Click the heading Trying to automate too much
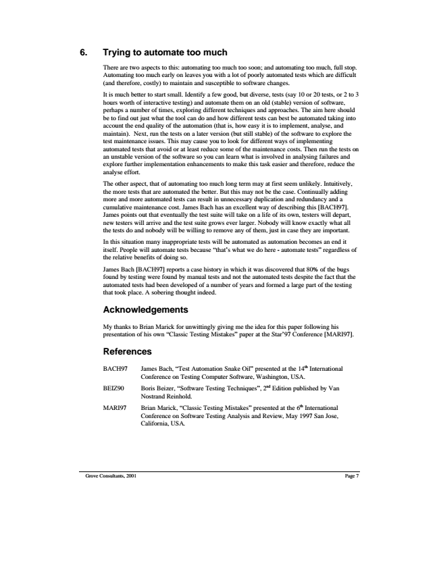pyautogui.click(x=164, y=53)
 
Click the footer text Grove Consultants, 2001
pyautogui.click(x=107, y=475)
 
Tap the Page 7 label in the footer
pyautogui.click(x=351, y=475)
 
